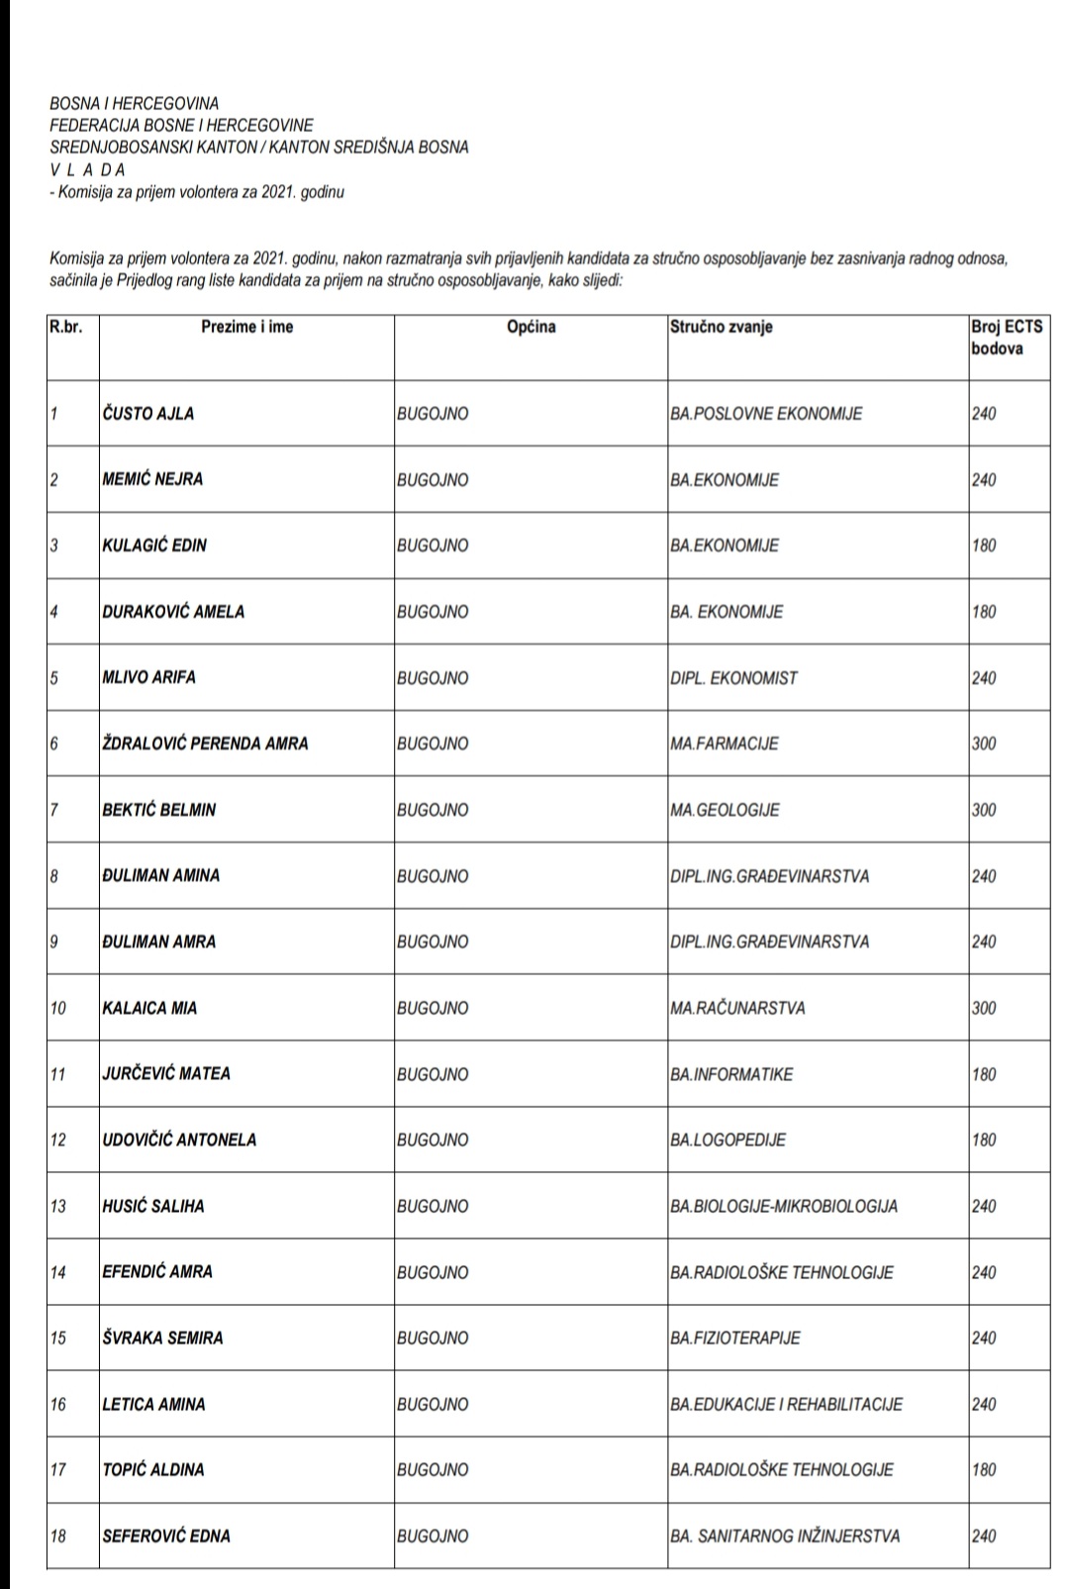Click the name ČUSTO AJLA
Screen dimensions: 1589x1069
pyautogui.click(x=148, y=414)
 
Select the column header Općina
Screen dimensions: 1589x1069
pyautogui.click(x=532, y=327)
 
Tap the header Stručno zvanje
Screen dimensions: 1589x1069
pyautogui.click(x=722, y=327)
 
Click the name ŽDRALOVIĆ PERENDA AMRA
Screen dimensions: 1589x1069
pyautogui.click(x=205, y=744)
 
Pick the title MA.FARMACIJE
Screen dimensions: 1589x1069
pyautogui.click(x=724, y=744)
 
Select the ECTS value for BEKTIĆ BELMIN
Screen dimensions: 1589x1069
pyautogui.click(x=984, y=810)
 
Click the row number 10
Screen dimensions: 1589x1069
pyautogui.click(x=58, y=1008)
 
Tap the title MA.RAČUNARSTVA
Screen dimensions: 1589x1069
pyautogui.click(x=737, y=1008)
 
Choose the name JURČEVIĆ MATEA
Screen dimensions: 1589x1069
pyautogui.click(x=166, y=1073)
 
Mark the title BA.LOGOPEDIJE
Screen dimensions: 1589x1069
pyautogui.click(x=728, y=1140)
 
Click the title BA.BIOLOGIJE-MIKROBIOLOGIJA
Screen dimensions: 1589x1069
pyautogui.click(x=784, y=1206)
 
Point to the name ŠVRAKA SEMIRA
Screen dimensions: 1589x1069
pyautogui.click(x=163, y=1338)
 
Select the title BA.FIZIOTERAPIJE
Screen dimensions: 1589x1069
pyautogui.click(x=735, y=1338)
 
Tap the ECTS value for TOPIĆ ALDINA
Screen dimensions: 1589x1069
pyautogui.click(x=984, y=1469)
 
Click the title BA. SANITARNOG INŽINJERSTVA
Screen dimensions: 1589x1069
pyautogui.click(x=785, y=1536)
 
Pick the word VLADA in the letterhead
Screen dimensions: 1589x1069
pyautogui.click(x=87, y=169)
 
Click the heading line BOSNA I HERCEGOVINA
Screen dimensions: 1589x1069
pyautogui.click(x=134, y=104)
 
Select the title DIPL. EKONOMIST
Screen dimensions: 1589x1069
pyautogui.click(x=733, y=678)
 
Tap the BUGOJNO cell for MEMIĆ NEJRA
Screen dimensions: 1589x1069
pyautogui.click(x=433, y=480)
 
